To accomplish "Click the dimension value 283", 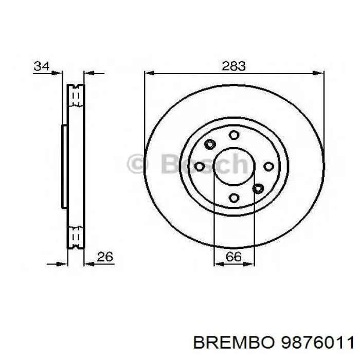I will pyautogui.click(x=234, y=66).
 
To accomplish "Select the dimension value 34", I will pyautogui.click(x=42, y=66).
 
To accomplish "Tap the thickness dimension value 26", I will pyautogui.click(x=105, y=256).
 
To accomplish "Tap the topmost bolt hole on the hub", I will pyautogui.click(x=234, y=135).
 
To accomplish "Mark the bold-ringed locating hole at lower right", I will pyautogui.click(x=258, y=188).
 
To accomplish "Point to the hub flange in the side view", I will pyautogui.click(x=64, y=166).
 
